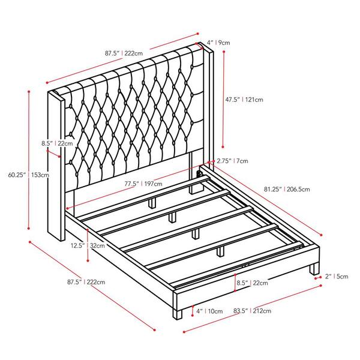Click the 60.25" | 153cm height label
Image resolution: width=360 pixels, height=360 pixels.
click(29, 175)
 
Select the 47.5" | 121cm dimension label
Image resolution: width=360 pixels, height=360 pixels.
click(244, 100)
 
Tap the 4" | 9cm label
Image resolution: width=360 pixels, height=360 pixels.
click(218, 43)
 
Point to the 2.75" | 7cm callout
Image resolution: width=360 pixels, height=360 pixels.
click(232, 161)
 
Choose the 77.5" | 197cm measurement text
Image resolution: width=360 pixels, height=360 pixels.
click(143, 184)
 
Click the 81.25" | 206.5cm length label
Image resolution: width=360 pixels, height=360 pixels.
click(287, 189)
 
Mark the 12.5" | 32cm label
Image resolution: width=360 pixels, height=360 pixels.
click(88, 245)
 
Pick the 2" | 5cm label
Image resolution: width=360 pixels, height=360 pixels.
click(337, 276)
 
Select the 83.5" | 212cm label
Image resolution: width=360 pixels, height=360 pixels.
click(253, 311)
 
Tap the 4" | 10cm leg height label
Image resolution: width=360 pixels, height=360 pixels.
click(209, 311)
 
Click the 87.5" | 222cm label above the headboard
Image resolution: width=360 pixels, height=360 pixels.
click(124, 53)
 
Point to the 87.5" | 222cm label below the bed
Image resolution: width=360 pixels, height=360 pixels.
click(86, 282)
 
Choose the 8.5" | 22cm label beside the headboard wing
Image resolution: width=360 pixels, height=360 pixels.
click(57, 143)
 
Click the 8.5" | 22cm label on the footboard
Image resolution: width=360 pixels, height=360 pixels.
click(253, 283)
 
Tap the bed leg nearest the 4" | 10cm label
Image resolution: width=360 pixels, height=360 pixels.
click(178, 313)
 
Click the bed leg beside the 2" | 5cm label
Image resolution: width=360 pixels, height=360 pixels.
click(314, 269)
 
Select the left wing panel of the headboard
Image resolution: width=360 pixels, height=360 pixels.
click(56, 166)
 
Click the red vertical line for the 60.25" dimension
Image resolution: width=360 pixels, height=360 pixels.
click(29, 160)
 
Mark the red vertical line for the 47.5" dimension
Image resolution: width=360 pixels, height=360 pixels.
click(223, 99)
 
